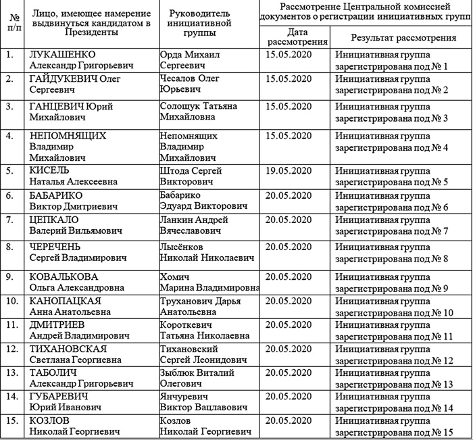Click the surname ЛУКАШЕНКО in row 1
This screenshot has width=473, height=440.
[61, 53]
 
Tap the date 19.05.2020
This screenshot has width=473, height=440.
[289, 171]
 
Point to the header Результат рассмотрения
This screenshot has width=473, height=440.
[402, 38]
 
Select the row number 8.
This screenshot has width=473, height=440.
[9, 247]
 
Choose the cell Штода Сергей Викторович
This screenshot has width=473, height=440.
[191, 176]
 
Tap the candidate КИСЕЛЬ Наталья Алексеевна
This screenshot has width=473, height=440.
[73, 176]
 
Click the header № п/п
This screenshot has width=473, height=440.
[11, 24]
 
